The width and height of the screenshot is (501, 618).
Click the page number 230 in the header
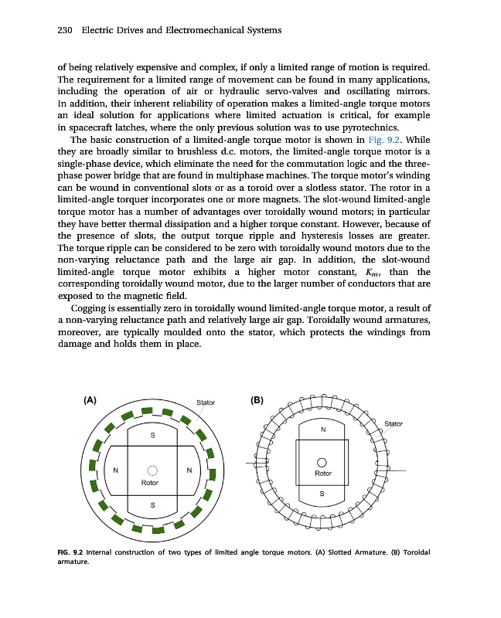[65, 30]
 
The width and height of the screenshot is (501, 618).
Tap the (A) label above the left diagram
[90, 400]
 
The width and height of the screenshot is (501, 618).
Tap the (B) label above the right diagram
[257, 400]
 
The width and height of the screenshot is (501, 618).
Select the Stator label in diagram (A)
[206, 402]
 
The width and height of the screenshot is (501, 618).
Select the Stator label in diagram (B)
[394, 423]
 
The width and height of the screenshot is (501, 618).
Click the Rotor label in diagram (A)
[150, 482]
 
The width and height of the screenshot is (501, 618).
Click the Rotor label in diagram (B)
[323, 473]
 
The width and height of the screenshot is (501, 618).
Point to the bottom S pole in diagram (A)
[152, 505]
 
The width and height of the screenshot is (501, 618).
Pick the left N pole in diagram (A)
[115, 470]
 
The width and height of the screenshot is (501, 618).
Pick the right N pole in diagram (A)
[189, 470]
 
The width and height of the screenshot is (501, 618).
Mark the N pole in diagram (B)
[323, 430]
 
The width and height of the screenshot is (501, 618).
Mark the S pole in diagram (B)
[323, 494]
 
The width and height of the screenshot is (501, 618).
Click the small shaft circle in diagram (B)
[323, 461]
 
